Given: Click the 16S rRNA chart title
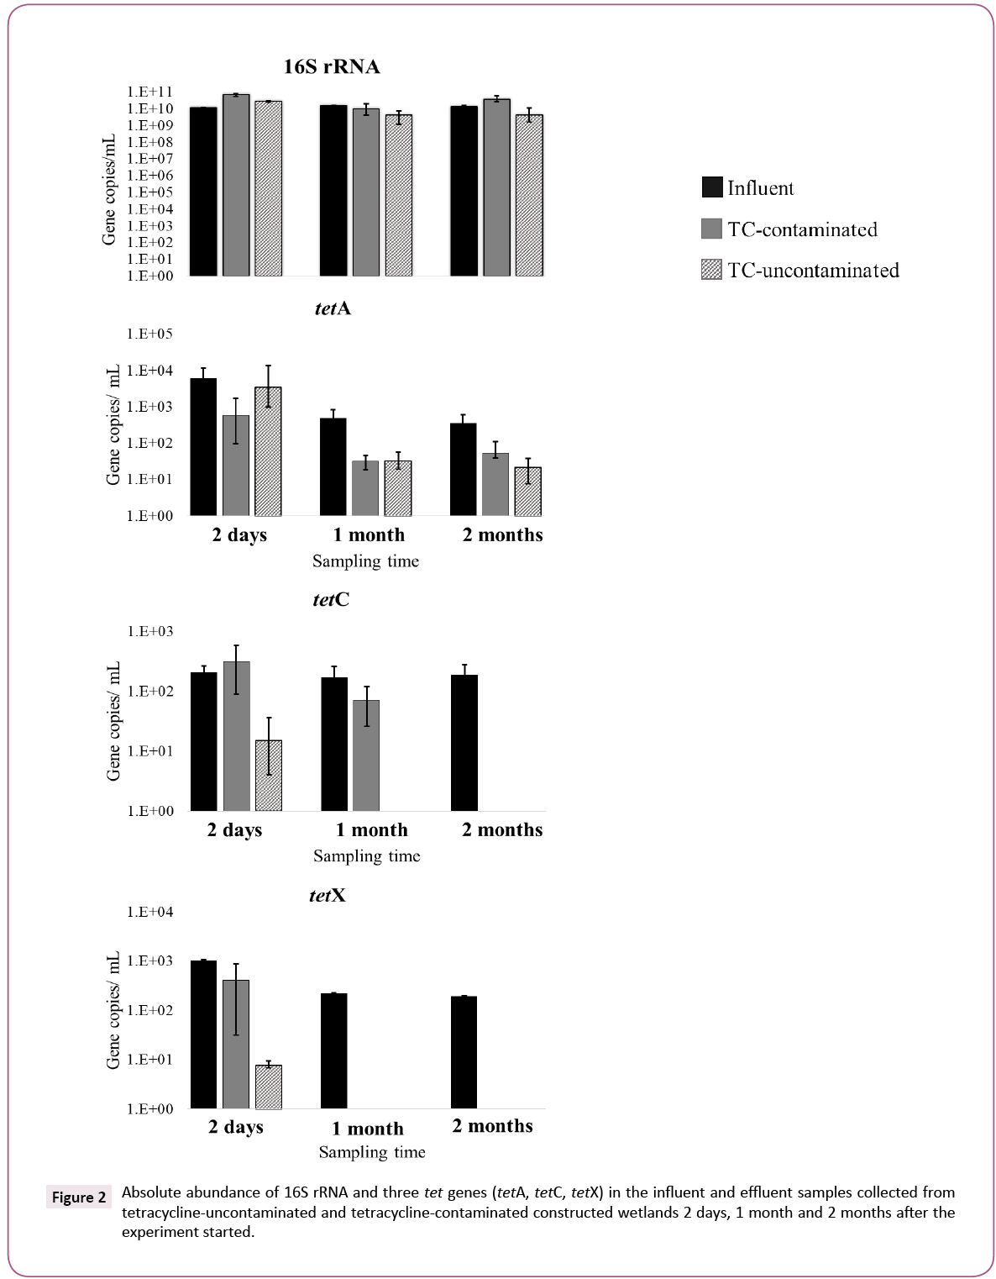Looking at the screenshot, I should (330, 67).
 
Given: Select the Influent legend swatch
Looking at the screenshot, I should (711, 187).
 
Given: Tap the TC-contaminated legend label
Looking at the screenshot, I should (802, 229).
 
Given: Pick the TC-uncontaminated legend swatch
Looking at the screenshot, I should (711, 270).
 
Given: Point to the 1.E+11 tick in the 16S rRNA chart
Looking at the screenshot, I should (149, 92).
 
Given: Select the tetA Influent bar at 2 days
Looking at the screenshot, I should (203, 446).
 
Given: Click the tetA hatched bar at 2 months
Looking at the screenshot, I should (527, 491).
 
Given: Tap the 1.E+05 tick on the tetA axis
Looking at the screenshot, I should (149, 334).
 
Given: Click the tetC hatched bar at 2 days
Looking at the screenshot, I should (269, 775).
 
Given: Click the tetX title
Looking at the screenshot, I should (328, 896).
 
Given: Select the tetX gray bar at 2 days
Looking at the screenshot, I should (236, 1044).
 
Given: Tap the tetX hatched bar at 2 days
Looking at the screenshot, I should (269, 1087).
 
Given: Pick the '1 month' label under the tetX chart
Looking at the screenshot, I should (368, 1129).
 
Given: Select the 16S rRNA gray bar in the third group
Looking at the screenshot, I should (496, 187).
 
